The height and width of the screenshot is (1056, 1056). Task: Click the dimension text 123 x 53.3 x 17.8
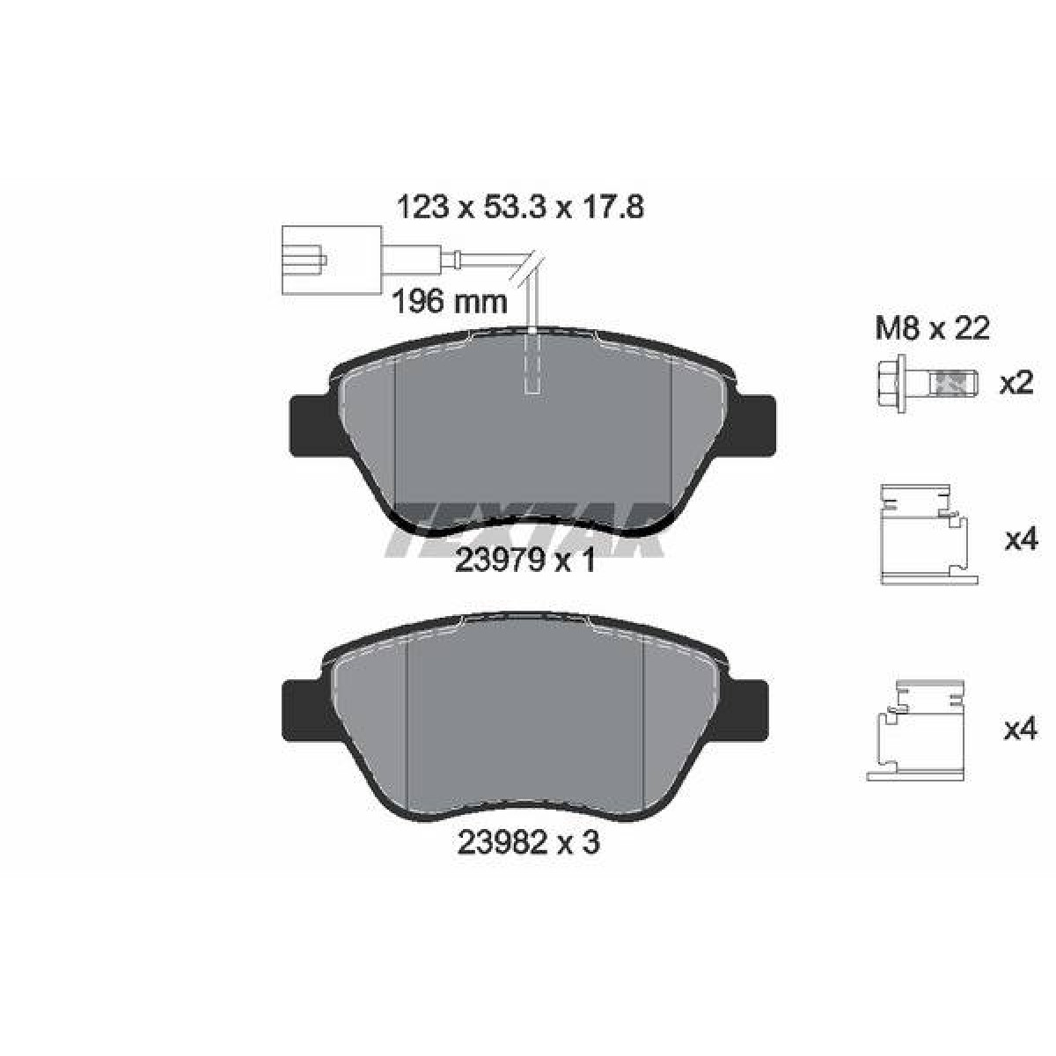519,208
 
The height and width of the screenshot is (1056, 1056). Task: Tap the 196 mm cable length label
451,302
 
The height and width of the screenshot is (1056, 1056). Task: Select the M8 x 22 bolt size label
933,328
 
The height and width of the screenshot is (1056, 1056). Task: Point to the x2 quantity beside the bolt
1016,383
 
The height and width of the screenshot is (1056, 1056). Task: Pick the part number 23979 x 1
524,561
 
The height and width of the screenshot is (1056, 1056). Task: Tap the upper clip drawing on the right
928,534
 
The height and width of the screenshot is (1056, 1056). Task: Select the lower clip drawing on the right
916,730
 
